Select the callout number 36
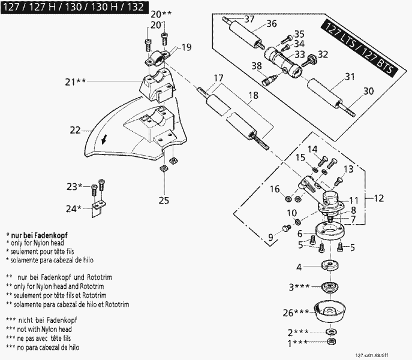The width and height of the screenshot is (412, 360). pyautogui.click(x=271, y=24)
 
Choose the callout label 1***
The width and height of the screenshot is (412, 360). pyautogui.click(x=297, y=343)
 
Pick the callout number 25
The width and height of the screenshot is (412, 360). pyautogui.click(x=164, y=200)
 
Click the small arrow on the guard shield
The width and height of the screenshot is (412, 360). pyautogui.click(x=106, y=140)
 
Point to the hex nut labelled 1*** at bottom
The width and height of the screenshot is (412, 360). pyautogui.click(x=330, y=341)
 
